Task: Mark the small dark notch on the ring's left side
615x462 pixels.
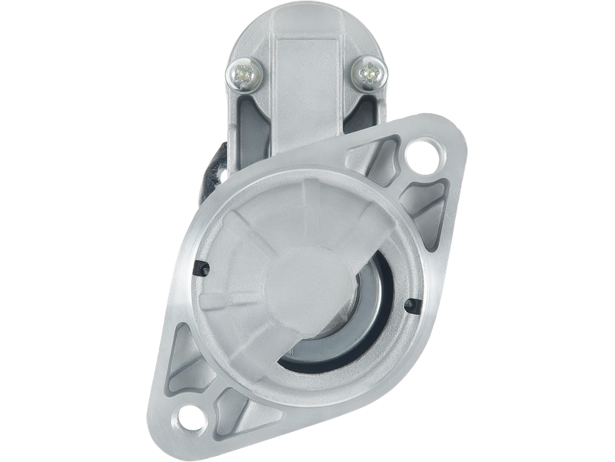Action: [x=204, y=267]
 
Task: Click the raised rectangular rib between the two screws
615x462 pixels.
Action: [x=307, y=77]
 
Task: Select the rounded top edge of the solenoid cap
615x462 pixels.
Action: [x=307, y=17]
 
